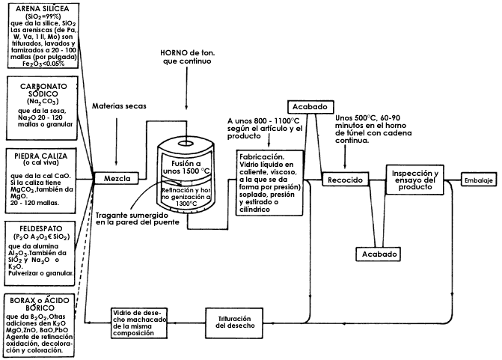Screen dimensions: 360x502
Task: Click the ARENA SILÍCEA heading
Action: tap(40, 7)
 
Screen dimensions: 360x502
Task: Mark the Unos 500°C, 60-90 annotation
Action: tap(374, 118)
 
